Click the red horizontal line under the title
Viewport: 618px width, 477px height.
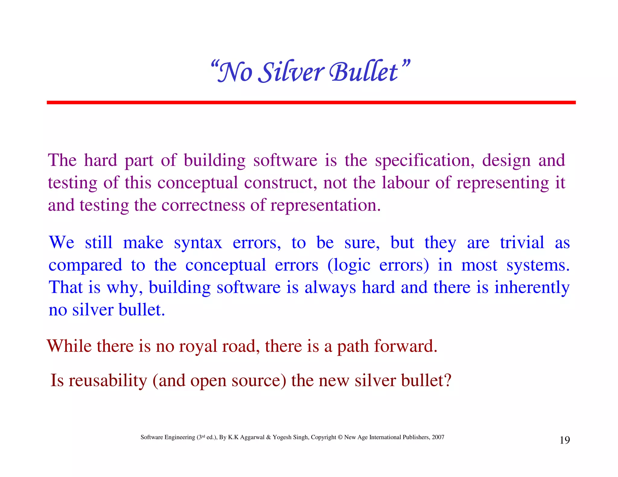311,103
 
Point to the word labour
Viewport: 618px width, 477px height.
405,183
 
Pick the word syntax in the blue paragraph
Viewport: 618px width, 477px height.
198,243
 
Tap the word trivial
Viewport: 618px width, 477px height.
522,242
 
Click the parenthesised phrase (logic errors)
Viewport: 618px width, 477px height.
378,265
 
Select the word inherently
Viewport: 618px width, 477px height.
532,287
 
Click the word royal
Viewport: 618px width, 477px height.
198,346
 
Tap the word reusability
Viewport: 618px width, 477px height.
108,381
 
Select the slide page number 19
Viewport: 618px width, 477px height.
565,440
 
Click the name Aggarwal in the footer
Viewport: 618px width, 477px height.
252,437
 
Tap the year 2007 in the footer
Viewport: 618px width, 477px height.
438,437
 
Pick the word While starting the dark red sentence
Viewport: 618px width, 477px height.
69,346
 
